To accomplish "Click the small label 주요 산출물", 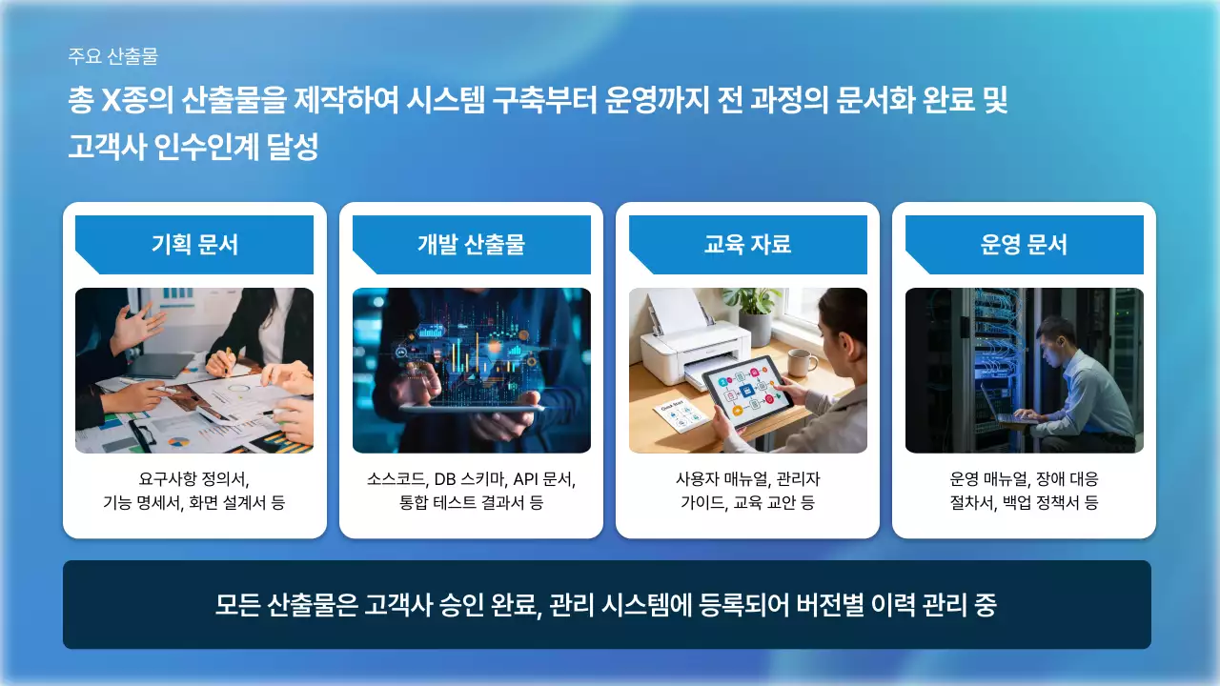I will [112, 56].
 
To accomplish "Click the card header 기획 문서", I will [194, 245].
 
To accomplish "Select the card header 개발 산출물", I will [471, 245].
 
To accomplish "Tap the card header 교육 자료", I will [747, 245].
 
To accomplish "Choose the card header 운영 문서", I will [1024, 245].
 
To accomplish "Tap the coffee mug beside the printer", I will [800, 362].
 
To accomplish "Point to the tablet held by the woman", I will [749, 391].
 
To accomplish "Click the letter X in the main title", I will [114, 101].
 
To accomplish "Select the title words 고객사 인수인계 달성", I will [193, 148].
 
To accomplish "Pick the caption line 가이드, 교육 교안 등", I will [747, 502].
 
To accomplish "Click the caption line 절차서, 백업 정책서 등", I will [1024, 502].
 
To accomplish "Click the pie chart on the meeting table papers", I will [178, 442].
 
